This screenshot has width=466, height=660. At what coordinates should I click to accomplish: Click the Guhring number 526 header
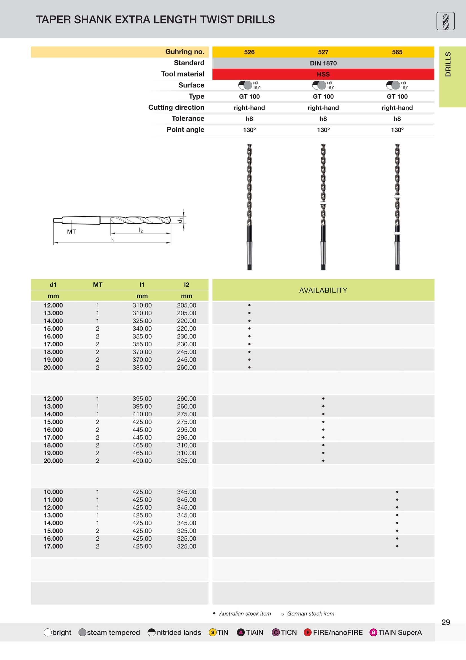(x=249, y=52)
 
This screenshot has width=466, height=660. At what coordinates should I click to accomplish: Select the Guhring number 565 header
(x=397, y=52)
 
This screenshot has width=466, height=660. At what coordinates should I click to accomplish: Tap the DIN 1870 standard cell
(x=323, y=63)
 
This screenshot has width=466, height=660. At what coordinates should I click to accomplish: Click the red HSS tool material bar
(x=323, y=74)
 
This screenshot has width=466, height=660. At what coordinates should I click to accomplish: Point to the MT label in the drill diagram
(x=71, y=232)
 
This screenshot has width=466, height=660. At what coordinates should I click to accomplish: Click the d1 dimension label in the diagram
(x=180, y=220)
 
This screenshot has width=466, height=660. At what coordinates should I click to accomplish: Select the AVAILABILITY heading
(x=323, y=290)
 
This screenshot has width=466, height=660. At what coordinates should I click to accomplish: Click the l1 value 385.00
(x=142, y=367)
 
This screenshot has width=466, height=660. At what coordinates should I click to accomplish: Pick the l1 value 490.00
(x=142, y=460)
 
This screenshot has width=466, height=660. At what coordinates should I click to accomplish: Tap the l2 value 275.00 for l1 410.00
(x=186, y=414)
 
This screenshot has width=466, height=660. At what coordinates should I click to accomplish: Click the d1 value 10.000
(x=53, y=492)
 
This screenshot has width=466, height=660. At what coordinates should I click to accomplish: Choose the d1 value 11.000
(x=53, y=500)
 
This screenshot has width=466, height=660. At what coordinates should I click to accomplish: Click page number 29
(x=445, y=622)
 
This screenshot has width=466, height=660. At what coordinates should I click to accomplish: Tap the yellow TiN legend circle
(x=213, y=632)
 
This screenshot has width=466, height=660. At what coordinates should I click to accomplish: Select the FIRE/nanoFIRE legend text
(x=338, y=632)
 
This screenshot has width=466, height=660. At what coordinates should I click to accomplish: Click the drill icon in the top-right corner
(x=445, y=21)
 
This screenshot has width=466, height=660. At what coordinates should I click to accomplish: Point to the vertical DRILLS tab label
(x=448, y=64)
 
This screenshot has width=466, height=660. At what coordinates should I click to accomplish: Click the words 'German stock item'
(x=310, y=613)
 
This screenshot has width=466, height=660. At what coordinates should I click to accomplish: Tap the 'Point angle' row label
(x=185, y=130)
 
